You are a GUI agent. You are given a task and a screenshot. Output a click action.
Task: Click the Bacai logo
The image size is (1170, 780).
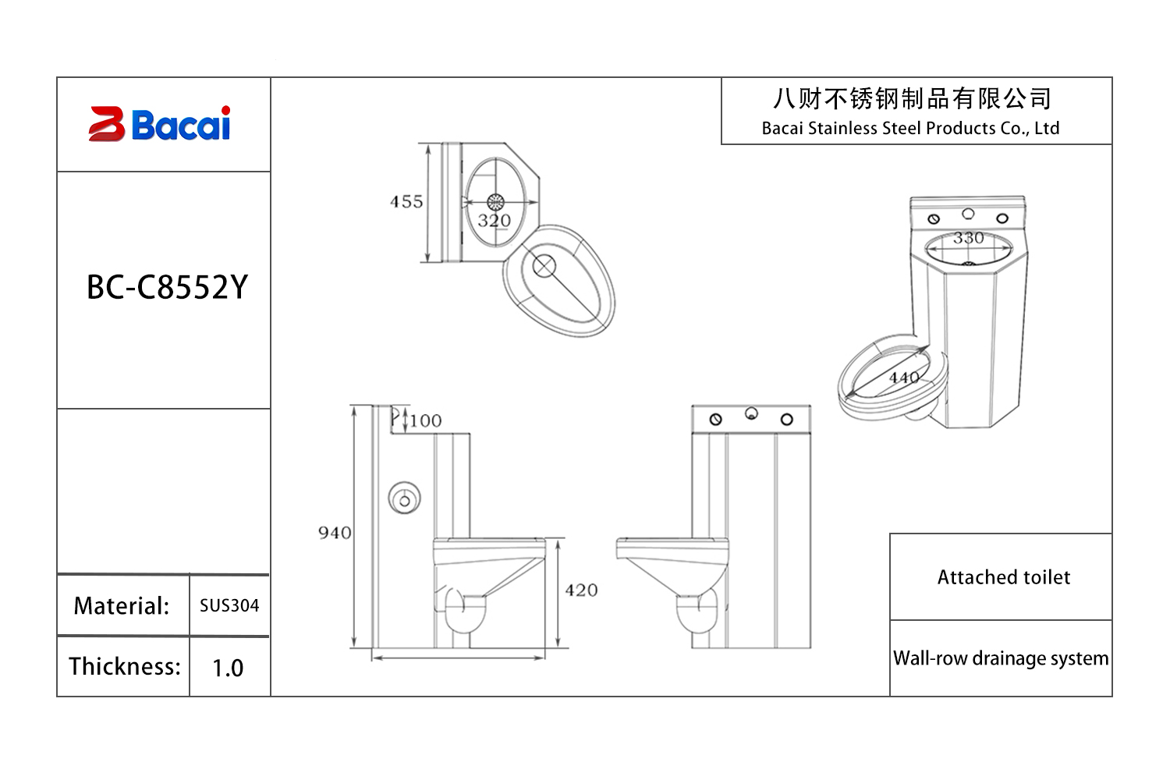pos(161,124)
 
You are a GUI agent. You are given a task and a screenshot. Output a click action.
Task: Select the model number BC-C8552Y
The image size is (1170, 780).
pos(167,288)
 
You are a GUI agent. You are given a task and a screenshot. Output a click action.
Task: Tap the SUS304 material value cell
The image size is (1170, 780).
pos(229,605)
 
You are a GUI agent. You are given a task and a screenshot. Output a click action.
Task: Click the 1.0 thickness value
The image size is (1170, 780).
pos(228,668)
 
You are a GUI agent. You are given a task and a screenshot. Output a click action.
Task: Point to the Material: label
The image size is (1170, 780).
pos(122,606)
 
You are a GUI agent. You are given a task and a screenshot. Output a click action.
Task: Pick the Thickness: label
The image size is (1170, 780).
pos(125,667)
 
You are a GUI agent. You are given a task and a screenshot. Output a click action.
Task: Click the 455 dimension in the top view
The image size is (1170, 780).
pos(406,202)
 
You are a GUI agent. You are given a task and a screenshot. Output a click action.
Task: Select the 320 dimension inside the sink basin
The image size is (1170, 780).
pos(495,221)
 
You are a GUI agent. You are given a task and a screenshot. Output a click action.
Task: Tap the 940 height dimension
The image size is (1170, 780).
pos(335,533)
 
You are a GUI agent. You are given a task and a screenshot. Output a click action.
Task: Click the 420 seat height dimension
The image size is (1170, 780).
pos(582,590)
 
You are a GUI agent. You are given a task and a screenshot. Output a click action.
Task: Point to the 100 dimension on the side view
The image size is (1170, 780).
pos(426,421)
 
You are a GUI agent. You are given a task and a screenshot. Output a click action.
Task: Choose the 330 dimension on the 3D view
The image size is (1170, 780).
pos(969,238)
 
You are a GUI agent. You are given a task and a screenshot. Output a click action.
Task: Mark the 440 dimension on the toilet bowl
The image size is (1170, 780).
pos(905,378)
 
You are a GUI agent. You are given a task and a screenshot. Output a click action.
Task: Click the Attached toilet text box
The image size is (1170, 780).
pos(1003,577)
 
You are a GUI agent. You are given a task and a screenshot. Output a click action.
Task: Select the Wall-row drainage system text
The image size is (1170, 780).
pos(1001,658)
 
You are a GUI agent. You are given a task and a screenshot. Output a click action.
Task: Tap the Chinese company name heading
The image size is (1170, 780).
pos(912,99)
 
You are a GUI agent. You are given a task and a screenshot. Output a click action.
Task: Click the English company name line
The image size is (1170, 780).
pos(910,129)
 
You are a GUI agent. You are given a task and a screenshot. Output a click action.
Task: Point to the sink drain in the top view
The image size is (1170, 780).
pos(495,203)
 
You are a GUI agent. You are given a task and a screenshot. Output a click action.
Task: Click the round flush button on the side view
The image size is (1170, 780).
pos(405,498)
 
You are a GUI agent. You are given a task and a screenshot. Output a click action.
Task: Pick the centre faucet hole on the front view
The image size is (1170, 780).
pos(751,413)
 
